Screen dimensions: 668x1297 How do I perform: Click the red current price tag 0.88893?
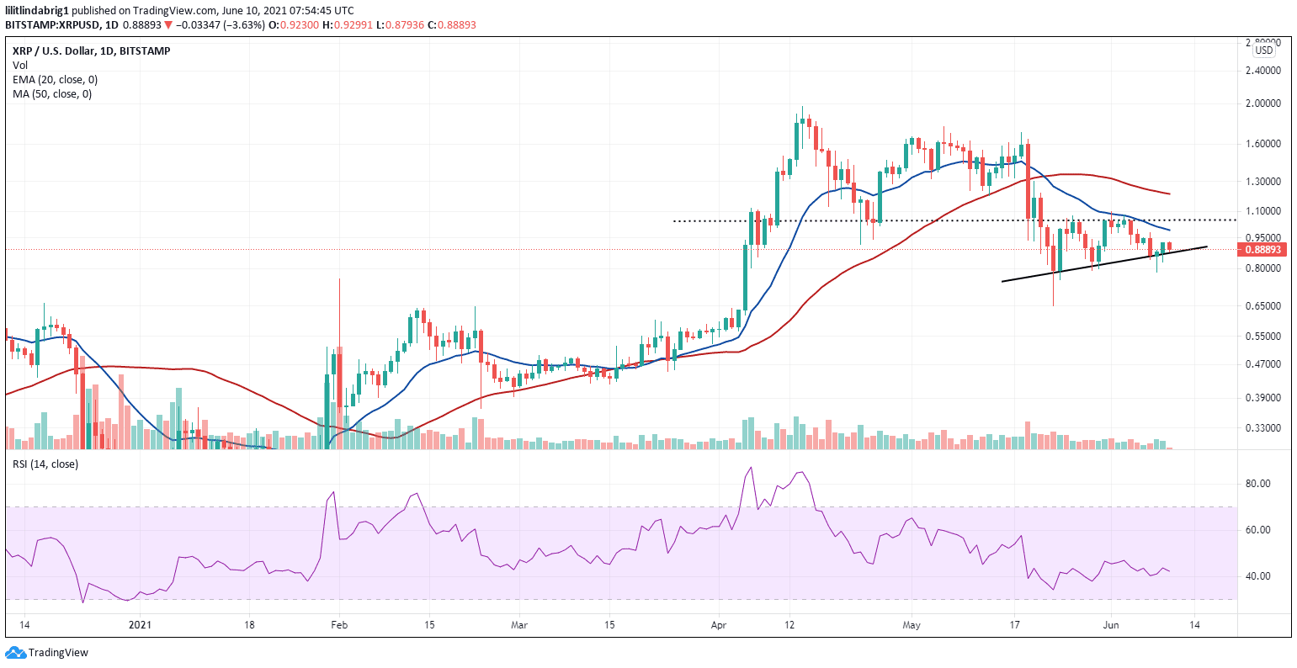coord(1262,250)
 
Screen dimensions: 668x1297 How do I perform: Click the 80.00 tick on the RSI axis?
coord(1257,484)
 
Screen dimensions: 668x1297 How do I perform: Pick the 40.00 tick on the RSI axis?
coord(1257,576)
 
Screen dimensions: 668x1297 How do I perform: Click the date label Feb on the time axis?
coord(338,625)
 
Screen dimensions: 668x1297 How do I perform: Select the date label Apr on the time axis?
coord(718,625)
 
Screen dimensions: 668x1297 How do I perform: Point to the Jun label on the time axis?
coord(1111,625)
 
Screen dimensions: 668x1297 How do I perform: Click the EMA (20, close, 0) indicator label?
coord(55,79)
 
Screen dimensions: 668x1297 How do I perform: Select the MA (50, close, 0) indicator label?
coord(52,93)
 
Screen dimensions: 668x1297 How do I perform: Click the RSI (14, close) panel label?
coord(45,464)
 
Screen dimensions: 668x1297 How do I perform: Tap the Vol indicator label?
coord(19,65)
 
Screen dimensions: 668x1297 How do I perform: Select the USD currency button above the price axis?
coord(1264,50)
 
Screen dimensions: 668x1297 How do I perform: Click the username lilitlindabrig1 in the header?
coord(40,10)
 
